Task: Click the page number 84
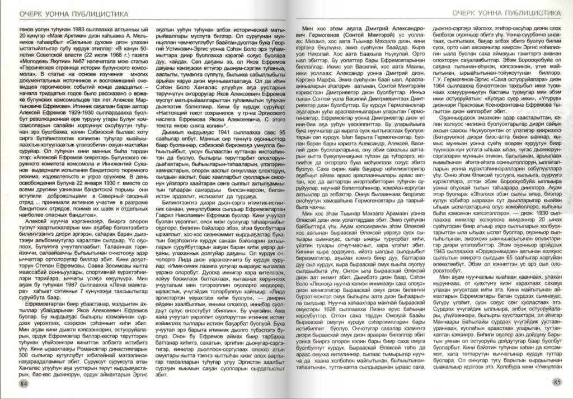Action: point(23,383)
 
